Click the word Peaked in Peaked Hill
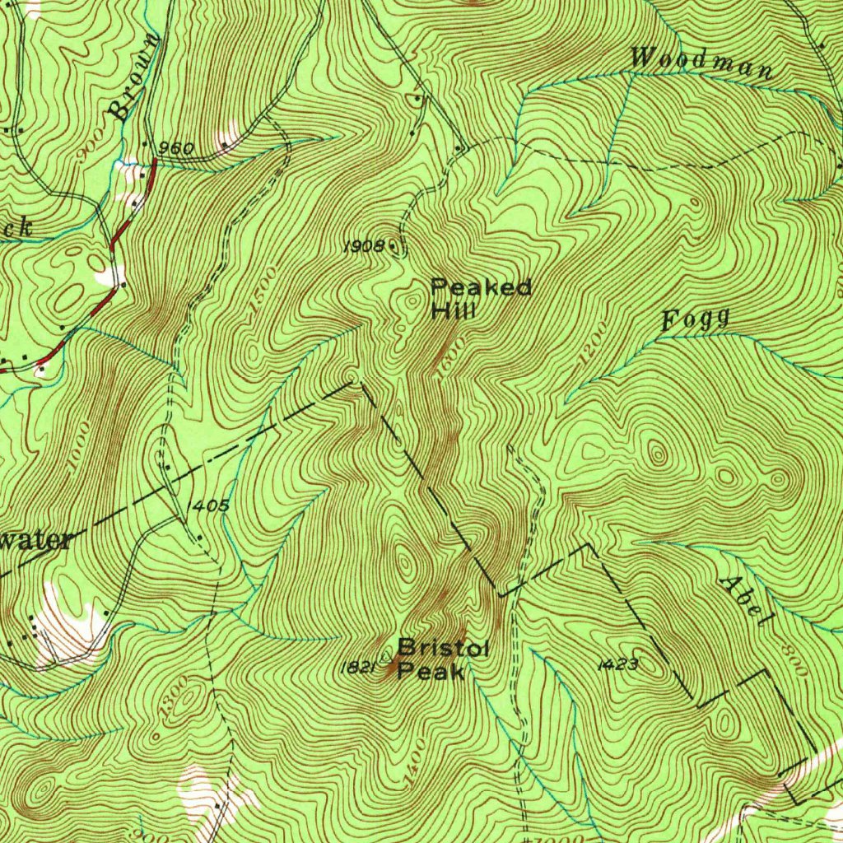click(x=481, y=288)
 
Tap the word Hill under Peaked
click(x=454, y=312)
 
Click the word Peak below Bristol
click(x=431, y=673)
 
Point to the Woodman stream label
click(x=701, y=63)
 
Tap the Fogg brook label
click(x=696, y=319)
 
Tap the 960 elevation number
click(x=175, y=149)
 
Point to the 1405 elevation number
click(x=208, y=505)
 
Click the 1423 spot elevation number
click(x=617, y=664)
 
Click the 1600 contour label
click(x=449, y=359)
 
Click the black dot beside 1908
click(x=392, y=245)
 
